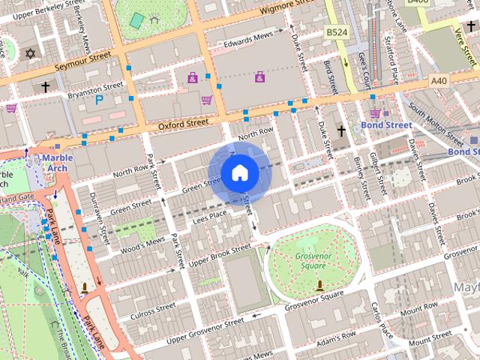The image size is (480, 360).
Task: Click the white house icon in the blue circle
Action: pyautogui.click(x=239, y=172)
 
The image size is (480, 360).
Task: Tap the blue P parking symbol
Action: pyautogui.click(x=99, y=99)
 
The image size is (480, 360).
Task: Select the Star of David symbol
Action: pyautogui.click(x=31, y=54)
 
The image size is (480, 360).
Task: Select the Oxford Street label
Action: pyautogui.click(x=183, y=124)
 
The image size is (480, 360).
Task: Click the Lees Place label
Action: pyautogui.click(x=209, y=215)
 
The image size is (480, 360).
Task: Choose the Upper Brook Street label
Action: pyautogui.click(x=219, y=256)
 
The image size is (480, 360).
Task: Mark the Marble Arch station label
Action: pyautogui.click(x=55, y=163)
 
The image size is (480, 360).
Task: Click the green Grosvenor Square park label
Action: pyautogui.click(x=309, y=260)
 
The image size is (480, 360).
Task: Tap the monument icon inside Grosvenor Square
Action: pyautogui.click(x=321, y=285)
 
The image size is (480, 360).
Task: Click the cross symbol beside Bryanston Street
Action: pyautogui.click(x=44, y=88)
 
